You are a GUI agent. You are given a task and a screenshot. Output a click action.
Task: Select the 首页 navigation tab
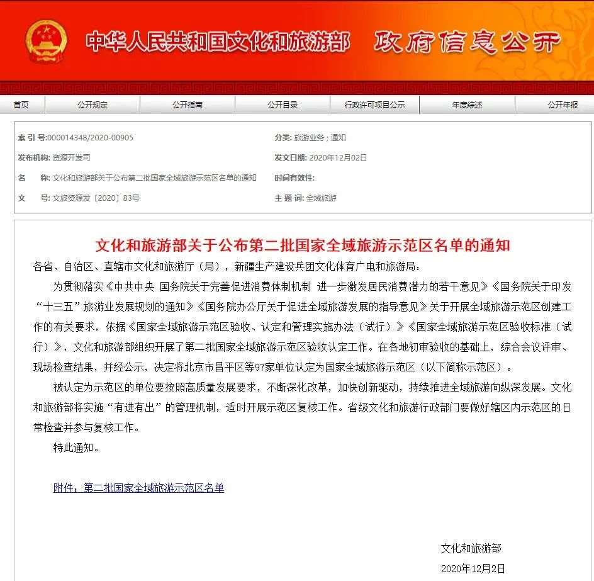21,105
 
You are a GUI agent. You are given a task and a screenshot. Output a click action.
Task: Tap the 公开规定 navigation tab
92,105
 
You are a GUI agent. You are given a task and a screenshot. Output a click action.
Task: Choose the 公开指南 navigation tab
188,105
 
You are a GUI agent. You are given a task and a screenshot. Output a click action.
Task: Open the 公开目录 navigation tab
282,105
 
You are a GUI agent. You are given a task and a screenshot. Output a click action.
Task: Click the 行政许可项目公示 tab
374,105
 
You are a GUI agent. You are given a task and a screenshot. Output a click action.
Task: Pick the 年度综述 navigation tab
467,105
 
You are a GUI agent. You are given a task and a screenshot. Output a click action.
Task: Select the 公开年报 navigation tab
562,105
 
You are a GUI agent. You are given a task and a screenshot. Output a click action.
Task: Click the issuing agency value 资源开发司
71,158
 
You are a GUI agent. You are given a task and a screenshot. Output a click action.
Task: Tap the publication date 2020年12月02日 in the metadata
339,158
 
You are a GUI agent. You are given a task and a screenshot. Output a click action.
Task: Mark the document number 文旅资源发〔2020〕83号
96,198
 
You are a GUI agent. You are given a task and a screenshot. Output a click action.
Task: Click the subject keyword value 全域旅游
321,198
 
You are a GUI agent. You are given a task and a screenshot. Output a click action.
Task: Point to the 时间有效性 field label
294,178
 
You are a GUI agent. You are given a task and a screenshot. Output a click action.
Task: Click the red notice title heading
302,245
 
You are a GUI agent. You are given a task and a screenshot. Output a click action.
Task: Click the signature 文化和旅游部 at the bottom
471,549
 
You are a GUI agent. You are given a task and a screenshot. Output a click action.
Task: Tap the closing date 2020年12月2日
473,568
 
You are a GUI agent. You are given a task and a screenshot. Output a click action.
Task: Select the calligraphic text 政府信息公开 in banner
467,43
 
